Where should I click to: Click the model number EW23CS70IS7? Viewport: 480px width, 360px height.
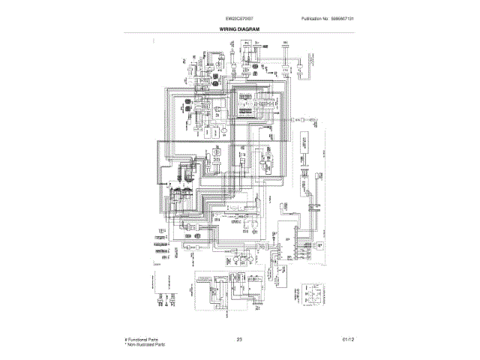pos(240,19)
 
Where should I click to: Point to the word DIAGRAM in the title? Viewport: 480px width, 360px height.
pos(250,28)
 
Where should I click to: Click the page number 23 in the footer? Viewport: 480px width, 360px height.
pos(239,340)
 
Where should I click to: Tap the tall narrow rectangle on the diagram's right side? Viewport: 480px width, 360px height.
pos(306,150)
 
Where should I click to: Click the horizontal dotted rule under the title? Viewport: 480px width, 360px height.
pos(240,33)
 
